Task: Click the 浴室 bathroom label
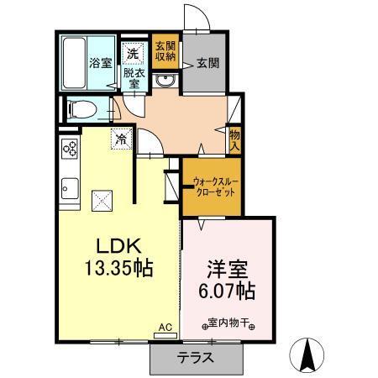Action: pyautogui.click(x=100, y=61)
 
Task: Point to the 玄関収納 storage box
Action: pyautogui.click(x=165, y=51)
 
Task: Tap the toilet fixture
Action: pyautogui.click(x=81, y=108)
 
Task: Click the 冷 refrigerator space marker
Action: pyautogui.click(x=123, y=138)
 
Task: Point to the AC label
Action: pyautogui.click(x=165, y=327)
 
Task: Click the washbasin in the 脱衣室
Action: pyautogui.click(x=165, y=80)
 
